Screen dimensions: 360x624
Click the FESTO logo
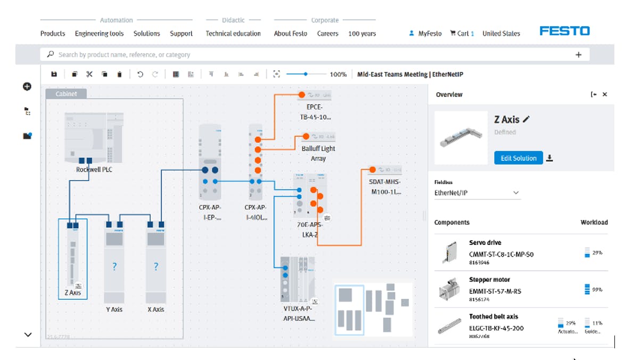(564, 31)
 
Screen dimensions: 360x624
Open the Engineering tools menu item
(99, 34)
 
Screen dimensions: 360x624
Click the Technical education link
(233, 34)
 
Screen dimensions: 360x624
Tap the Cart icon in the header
(454, 33)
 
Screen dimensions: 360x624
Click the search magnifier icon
(51, 54)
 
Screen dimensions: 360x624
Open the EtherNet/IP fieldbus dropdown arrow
(515, 193)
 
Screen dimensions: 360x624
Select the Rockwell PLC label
(94, 170)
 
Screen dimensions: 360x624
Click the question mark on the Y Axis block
(114, 266)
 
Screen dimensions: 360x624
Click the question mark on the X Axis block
(155, 266)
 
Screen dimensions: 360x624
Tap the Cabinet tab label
(66, 94)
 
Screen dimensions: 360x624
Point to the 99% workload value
(597, 290)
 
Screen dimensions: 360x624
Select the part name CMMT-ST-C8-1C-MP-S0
(501, 255)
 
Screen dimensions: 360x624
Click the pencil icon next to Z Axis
(527, 119)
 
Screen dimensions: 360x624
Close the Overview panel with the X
(605, 94)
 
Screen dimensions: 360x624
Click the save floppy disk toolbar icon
(54, 75)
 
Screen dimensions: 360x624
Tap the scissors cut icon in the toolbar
(89, 75)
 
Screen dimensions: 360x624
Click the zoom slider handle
(306, 75)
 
